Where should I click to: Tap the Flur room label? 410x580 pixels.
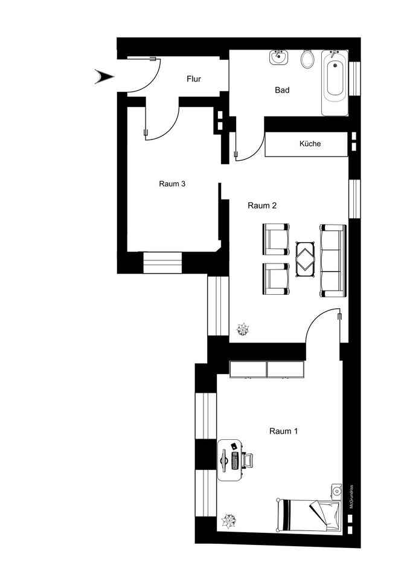[x=194, y=79]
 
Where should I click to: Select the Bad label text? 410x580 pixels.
[x=282, y=90]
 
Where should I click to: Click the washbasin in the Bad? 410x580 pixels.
[x=278, y=57]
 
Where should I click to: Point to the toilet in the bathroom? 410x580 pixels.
[x=307, y=59]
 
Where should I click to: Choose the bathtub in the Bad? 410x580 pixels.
[x=335, y=83]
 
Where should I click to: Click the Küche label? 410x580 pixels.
[x=310, y=144]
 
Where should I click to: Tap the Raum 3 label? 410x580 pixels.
[x=172, y=184]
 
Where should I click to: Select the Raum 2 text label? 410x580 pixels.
[x=262, y=205]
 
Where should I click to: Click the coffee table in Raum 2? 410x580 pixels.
[x=305, y=259]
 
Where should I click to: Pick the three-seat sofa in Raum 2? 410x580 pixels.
[x=333, y=260]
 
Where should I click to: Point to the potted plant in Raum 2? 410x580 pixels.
[x=243, y=329]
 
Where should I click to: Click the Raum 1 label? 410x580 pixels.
[x=284, y=431]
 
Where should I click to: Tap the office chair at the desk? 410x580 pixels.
[x=248, y=460]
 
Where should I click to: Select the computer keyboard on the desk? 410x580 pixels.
[x=235, y=460]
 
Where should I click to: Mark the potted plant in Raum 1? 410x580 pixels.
[x=228, y=521]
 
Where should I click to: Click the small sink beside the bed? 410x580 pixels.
[x=336, y=491]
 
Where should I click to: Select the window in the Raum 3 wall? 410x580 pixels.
[x=162, y=263]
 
